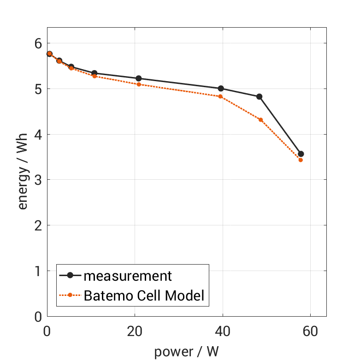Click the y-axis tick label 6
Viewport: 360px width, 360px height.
coord(37,43)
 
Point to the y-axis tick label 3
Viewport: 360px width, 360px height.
coord(37,180)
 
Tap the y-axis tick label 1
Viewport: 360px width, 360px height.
coord(37,271)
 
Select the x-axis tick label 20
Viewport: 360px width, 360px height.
coord(135,331)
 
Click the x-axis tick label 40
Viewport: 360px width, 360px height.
coord(223,331)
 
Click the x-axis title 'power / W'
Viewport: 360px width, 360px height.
coord(186,352)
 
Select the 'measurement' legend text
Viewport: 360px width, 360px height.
coord(128,276)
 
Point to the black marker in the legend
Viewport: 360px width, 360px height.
coord(70,276)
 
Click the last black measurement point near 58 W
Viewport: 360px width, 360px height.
coord(301,154)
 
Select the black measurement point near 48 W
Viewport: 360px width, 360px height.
coord(259,97)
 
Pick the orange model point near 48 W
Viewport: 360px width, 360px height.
coord(260,120)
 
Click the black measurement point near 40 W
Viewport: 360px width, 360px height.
coord(221,89)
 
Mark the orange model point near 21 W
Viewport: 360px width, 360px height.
coord(139,84)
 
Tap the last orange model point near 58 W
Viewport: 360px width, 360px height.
coord(301,160)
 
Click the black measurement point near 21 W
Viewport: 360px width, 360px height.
coord(139,78)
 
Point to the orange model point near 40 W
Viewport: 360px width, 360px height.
coord(220,96)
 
